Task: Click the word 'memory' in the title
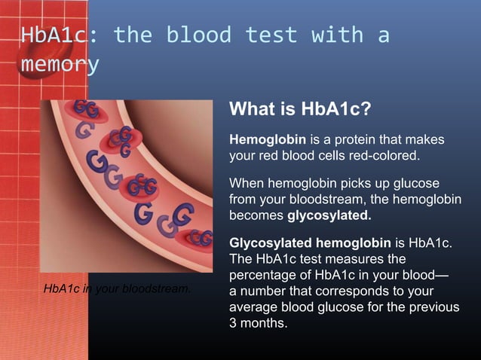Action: click(x=60, y=65)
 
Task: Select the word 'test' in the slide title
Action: click(x=271, y=35)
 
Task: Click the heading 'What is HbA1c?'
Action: click(x=300, y=110)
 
